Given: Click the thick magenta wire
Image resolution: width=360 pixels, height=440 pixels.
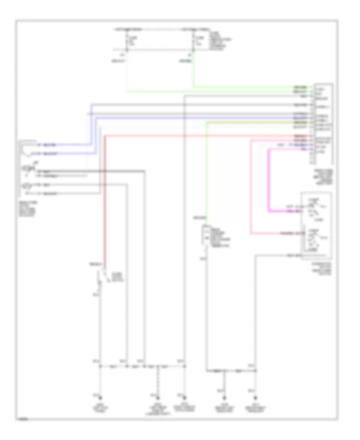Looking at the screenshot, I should pos(269,180).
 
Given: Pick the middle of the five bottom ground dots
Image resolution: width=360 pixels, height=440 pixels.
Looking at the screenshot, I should pos(184,398).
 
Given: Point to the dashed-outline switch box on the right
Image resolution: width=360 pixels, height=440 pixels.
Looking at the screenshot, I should pos(316,226).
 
